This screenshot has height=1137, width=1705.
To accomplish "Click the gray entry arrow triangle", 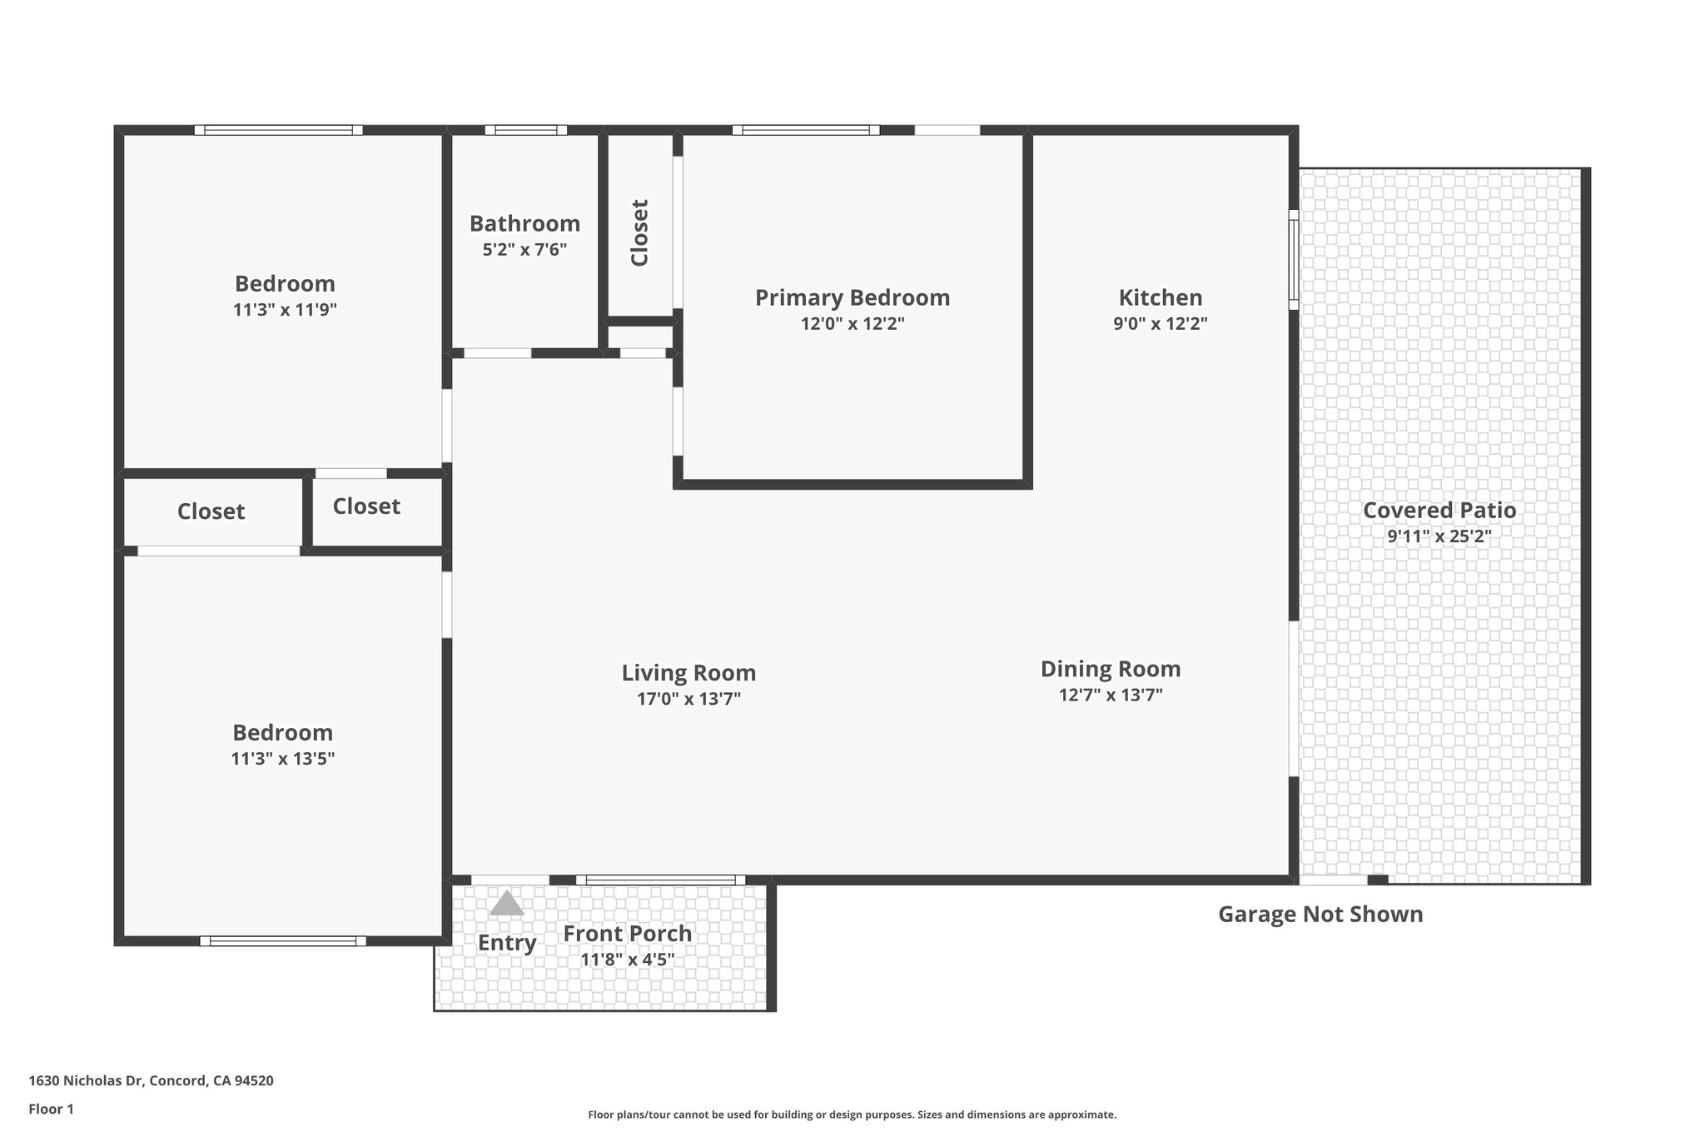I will [x=506, y=905].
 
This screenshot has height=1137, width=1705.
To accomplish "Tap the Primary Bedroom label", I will [x=852, y=297].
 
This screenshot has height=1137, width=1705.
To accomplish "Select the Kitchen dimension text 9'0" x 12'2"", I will [x=1160, y=323].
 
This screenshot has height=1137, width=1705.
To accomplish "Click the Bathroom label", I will [x=524, y=223].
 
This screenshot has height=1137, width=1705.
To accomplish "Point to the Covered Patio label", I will [x=1439, y=510].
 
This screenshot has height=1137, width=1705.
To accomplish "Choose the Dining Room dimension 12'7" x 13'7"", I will [x=1110, y=695].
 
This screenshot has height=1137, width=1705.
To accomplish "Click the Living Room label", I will [x=688, y=672].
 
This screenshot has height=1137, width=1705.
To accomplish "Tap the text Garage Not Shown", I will [x=1320, y=914].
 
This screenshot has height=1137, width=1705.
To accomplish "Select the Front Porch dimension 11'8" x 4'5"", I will [x=627, y=959].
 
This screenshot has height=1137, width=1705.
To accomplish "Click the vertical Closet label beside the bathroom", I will [x=639, y=232].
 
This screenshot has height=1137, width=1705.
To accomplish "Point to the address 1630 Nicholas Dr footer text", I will [x=151, y=1080].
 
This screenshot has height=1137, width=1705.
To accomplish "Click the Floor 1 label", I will [x=51, y=1109].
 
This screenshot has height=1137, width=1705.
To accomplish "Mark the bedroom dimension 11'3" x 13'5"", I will [x=282, y=758].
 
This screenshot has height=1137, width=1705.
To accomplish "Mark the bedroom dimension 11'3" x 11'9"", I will [x=284, y=310].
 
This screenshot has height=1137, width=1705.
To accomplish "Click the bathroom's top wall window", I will [x=525, y=130].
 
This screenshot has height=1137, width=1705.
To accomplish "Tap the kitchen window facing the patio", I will [x=1293, y=259].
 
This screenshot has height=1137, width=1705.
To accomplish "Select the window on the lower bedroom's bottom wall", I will [x=282, y=940].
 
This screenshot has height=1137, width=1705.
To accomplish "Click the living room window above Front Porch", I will [x=660, y=880].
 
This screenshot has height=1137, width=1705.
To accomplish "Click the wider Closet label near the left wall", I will [x=211, y=511].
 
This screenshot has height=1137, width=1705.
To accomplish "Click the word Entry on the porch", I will [x=506, y=942].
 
